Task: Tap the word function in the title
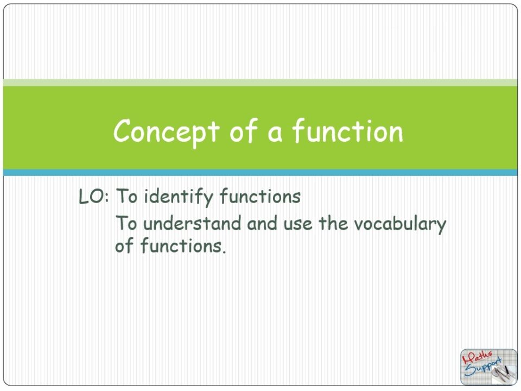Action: coord(348,131)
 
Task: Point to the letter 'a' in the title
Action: coord(275,133)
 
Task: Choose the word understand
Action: coord(192,224)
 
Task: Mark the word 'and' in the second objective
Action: coord(260,224)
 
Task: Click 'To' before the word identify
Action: coord(128,197)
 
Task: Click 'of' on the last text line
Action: coord(124,247)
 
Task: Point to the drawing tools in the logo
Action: coord(503,372)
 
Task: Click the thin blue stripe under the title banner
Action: coord(260,173)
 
